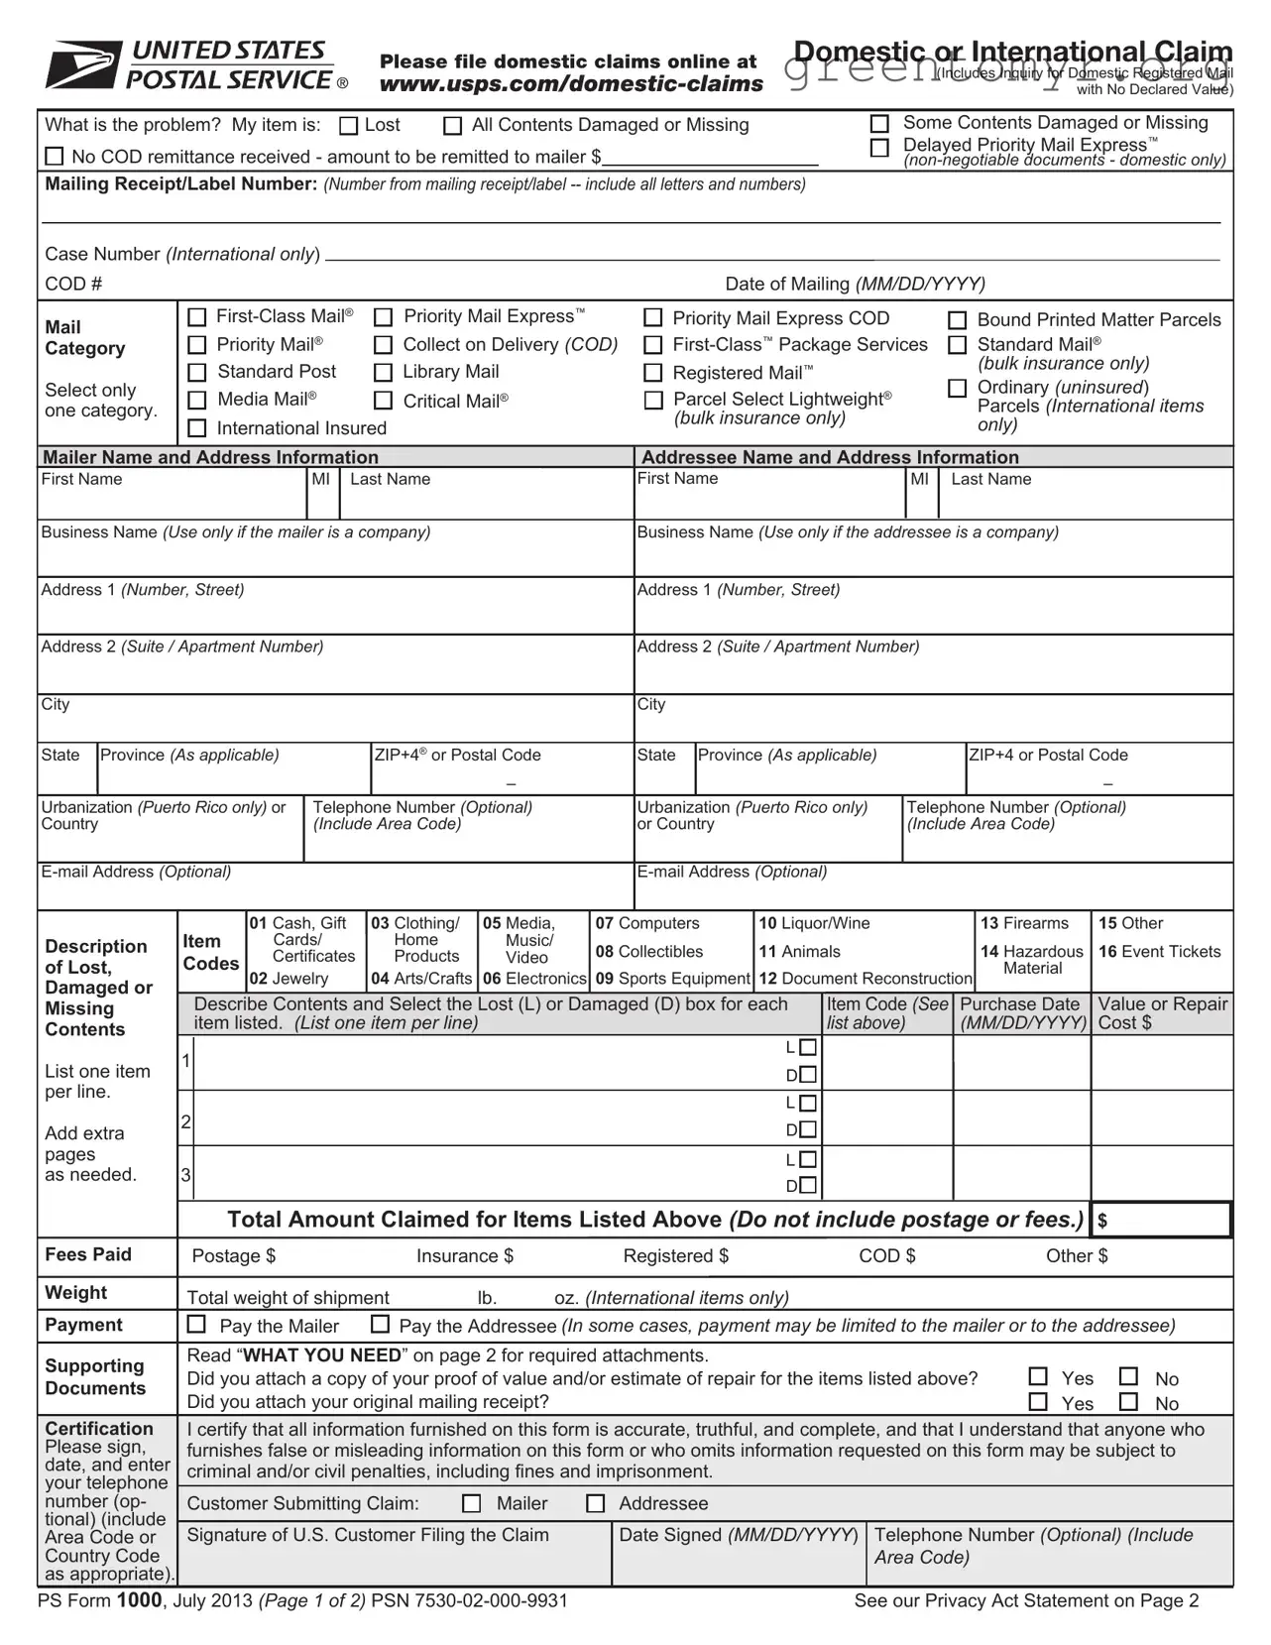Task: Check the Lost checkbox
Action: coord(349,126)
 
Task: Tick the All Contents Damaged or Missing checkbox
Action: coord(453,126)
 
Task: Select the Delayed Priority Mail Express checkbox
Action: coord(879,148)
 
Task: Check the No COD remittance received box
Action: coord(56,157)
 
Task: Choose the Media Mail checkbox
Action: coord(197,400)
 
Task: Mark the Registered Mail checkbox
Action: coord(653,373)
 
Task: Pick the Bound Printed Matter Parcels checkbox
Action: coord(958,320)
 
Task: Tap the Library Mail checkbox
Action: coord(384,373)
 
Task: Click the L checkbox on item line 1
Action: coord(808,1048)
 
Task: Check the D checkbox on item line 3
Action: coord(808,1186)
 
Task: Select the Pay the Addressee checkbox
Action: coord(380,1325)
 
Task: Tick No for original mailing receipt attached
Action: coord(1128,1402)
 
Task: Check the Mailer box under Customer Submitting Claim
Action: coord(472,1504)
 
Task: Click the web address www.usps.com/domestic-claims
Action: coord(571,84)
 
